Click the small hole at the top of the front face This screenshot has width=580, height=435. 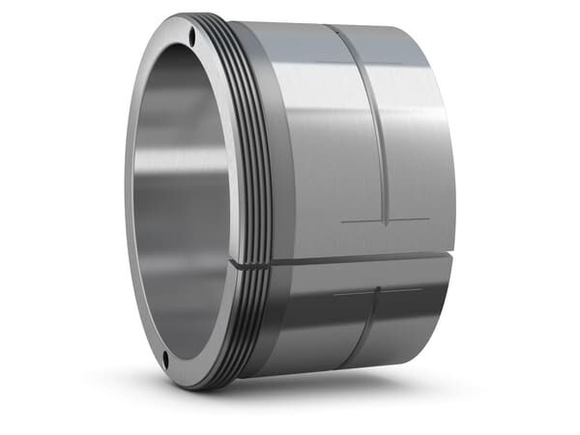coord(191,38)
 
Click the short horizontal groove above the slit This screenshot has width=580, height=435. coord(385,220)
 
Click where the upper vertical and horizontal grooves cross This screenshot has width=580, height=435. coord(386,220)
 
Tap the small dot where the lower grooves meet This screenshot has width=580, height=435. coord(376,291)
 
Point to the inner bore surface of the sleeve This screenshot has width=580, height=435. coord(179,193)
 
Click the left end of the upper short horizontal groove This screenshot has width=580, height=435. coord(342,221)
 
